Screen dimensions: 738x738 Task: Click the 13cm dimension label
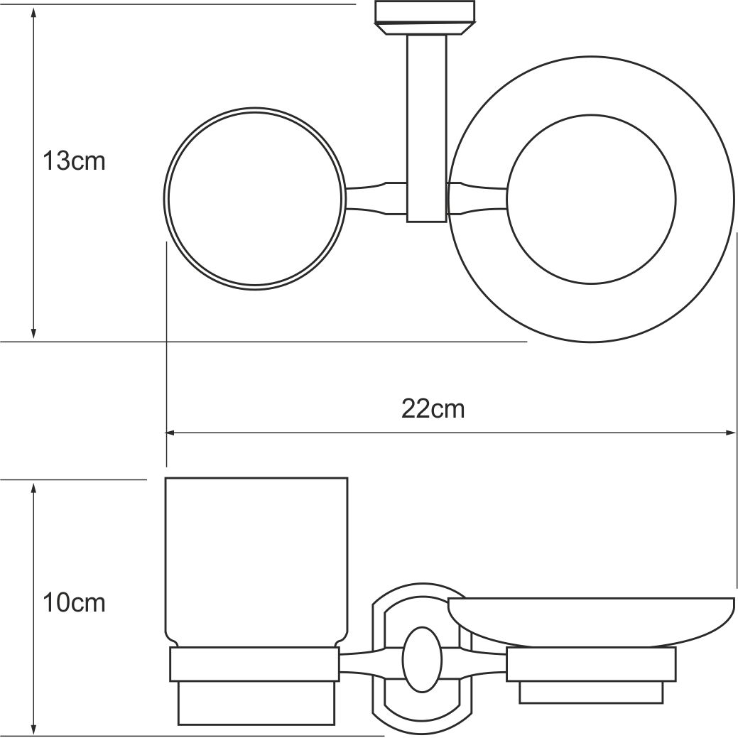[73, 161]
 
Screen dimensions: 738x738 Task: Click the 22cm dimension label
[433, 409]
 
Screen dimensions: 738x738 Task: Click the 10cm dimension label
[73, 603]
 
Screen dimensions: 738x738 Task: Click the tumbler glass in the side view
[256, 561]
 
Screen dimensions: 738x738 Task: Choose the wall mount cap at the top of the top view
[425, 18]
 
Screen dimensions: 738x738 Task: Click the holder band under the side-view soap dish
[590, 664]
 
